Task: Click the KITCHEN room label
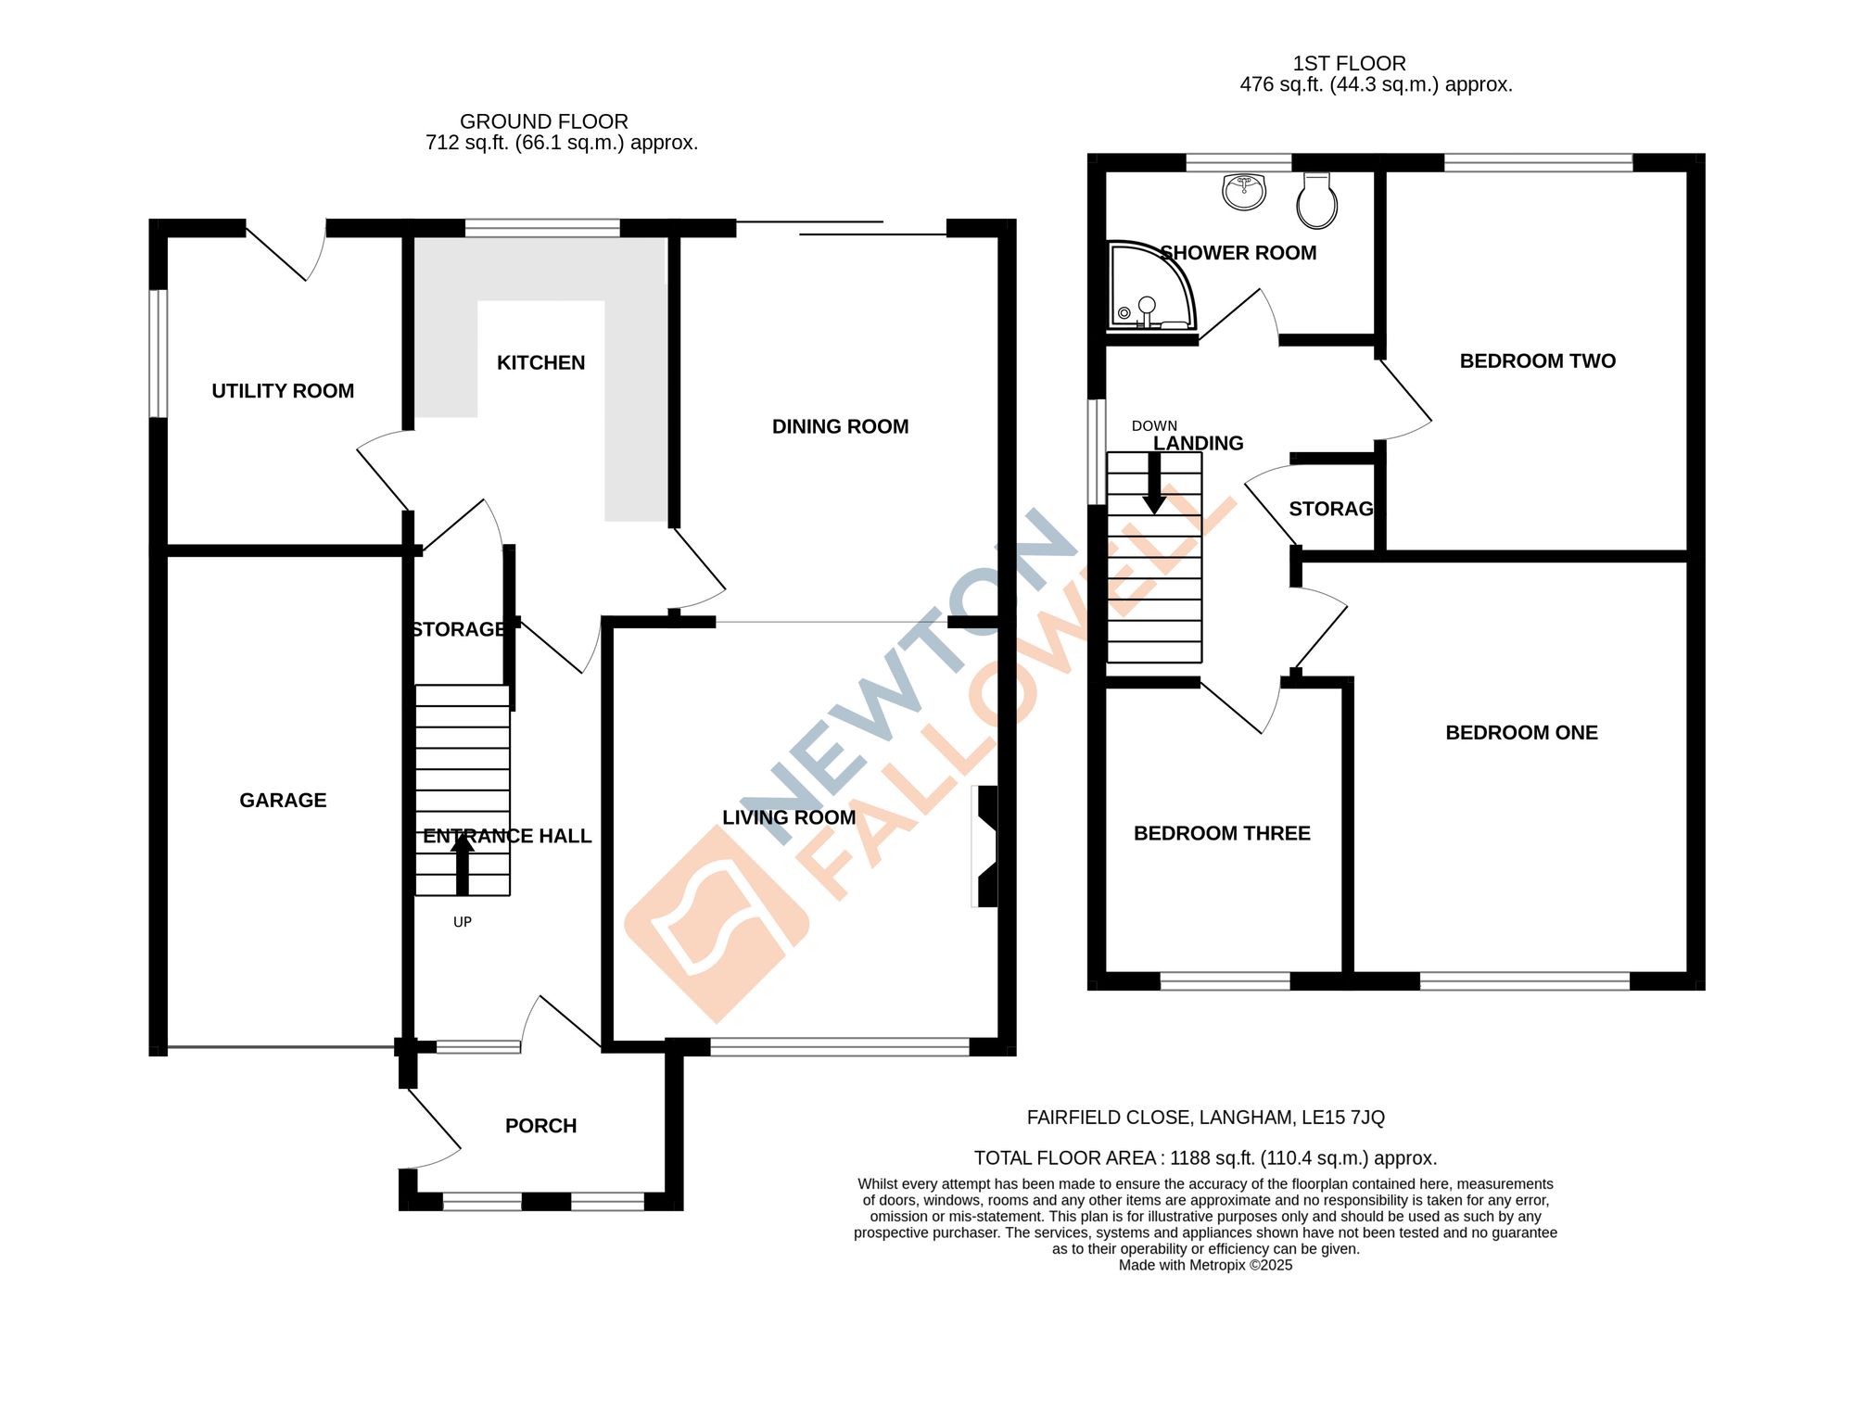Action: click(540, 362)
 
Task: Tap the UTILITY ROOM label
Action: click(283, 391)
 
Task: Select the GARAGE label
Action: click(283, 800)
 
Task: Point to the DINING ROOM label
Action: click(840, 426)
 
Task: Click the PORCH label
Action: click(540, 1125)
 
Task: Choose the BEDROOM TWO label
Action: click(1537, 360)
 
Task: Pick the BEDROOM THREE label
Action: click(1222, 833)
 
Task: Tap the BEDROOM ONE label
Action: click(1521, 732)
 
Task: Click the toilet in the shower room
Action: click(1316, 201)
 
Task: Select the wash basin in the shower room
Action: click(1244, 192)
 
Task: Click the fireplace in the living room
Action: click(986, 846)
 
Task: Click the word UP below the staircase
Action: click(463, 922)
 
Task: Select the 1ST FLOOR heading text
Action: click(1349, 63)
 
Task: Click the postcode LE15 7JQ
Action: click(1342, 1118)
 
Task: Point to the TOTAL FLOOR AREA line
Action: click(1205, 1157)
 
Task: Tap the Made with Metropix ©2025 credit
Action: click(1205, 1265)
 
